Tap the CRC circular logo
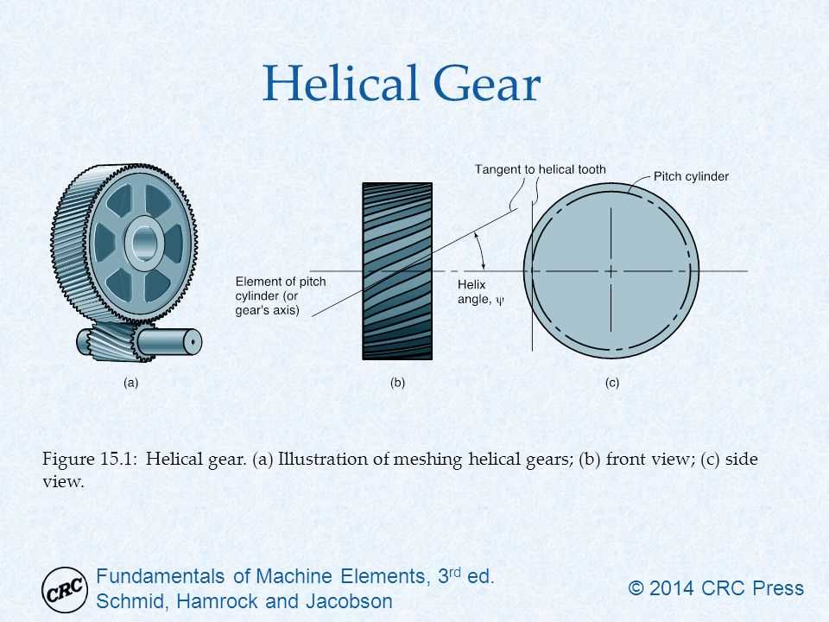tap(65, 589)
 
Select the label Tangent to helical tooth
tap(540, 169)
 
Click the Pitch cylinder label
tap(691, 176)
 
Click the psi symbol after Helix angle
tap(499, 301)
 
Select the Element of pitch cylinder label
tap(269, 296)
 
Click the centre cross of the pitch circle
tap(611, 271)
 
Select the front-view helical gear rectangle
tap(396, 270)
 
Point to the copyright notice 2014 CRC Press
tap(716, 589)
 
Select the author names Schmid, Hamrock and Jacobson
tap(245, 601)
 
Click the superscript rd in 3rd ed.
tap(454, 571)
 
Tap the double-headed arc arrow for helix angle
tap(482, 252)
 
